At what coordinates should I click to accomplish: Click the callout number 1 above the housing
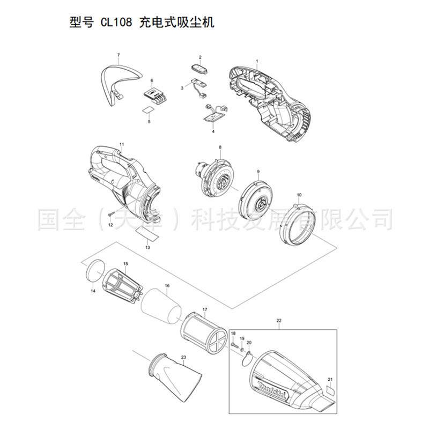point(257,61)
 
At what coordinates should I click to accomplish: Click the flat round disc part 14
point(95,269)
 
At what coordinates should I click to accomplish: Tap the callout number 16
point(167,286)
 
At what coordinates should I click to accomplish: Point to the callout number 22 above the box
point(279,321)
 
